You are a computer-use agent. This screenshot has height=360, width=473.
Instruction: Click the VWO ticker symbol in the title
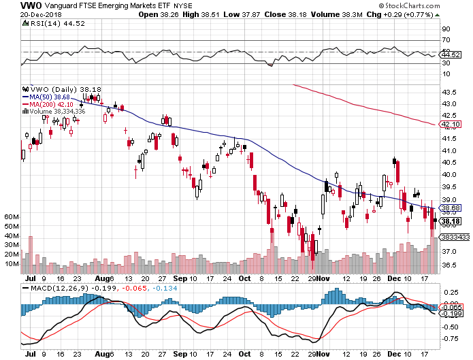tap(10, 5)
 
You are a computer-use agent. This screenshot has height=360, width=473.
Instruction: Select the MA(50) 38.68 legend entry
tap(51, 97)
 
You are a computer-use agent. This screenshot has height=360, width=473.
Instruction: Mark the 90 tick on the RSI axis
tap(446, 29)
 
